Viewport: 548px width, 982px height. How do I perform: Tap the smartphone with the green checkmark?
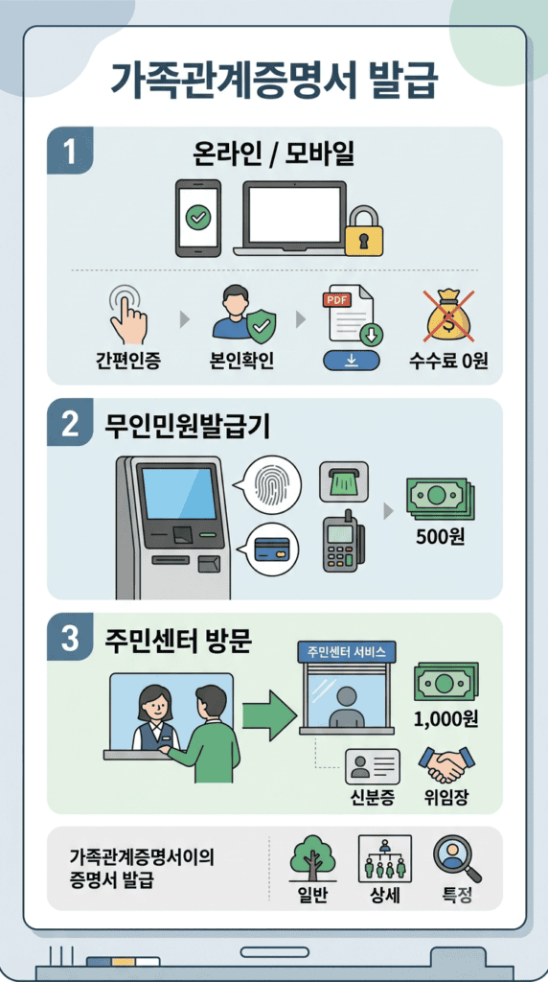point(198,218)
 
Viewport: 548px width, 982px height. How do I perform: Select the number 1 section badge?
point(69,151)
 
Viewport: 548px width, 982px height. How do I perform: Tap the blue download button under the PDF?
point(352,361)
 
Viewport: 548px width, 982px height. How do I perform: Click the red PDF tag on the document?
point(335,299)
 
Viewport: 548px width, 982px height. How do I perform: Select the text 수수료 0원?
point(448,362)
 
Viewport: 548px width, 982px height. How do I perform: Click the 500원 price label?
point(441,537)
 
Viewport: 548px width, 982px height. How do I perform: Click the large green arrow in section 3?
point(269,713)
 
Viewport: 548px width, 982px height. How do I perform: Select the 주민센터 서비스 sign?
point(346,651)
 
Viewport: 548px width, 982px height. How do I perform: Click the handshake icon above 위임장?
point(446,764)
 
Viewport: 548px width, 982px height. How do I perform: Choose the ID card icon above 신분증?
point(373,766)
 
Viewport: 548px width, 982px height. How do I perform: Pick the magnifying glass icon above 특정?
point(457,858)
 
